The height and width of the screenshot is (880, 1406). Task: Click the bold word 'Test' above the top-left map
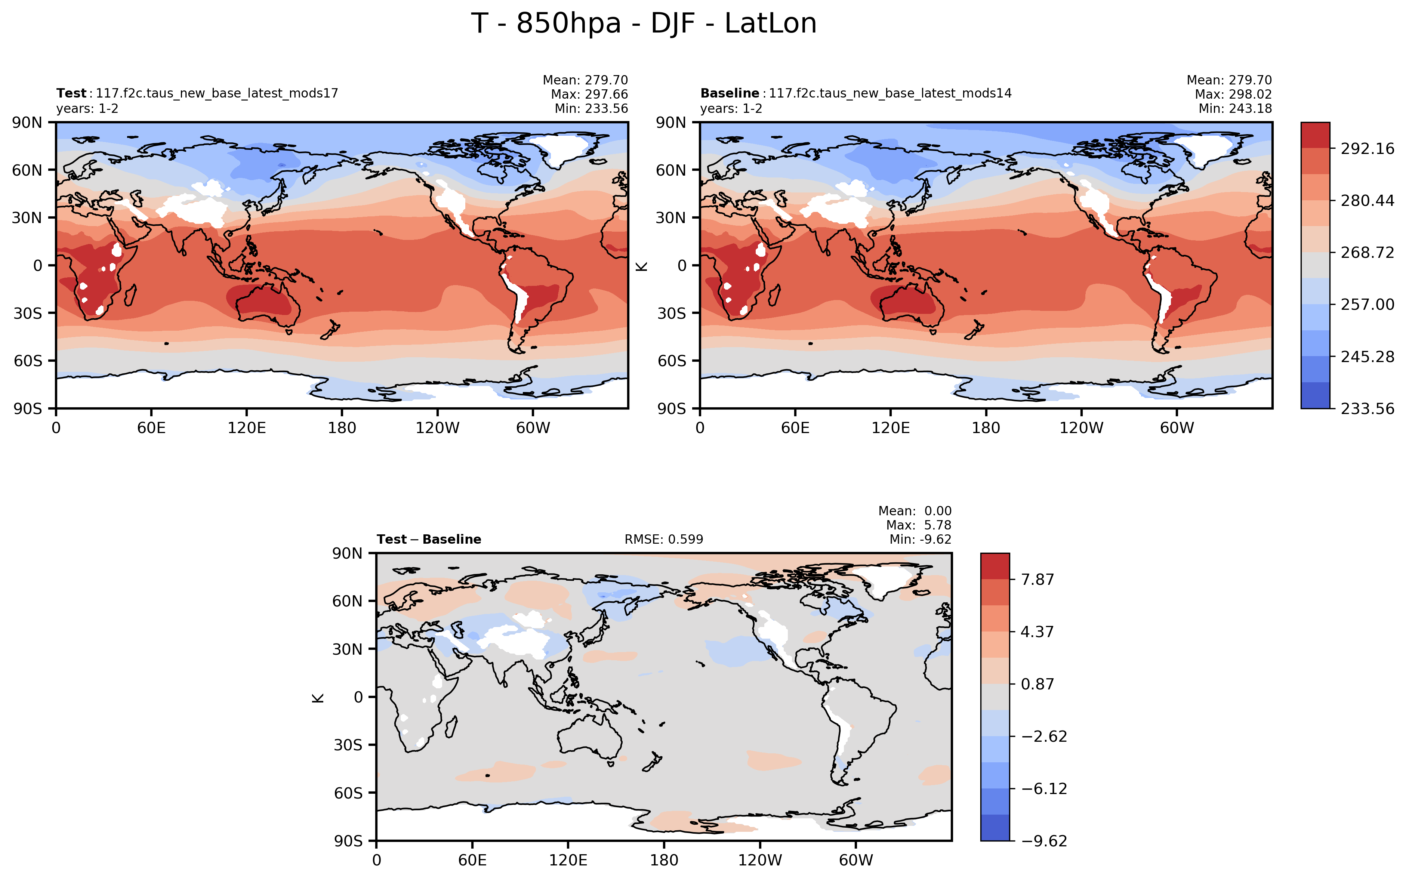pos(71,93)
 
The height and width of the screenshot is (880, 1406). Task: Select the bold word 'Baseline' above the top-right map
pos(729,93)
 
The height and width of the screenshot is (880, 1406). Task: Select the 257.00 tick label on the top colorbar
pos(1367,305)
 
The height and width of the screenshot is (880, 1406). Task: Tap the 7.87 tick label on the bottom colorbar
pos(1037,580)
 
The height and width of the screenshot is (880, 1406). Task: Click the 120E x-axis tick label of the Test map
pos(246,428)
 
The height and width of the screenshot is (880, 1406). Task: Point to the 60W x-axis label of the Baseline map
pos(1176,428)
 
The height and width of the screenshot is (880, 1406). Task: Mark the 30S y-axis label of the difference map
pos(348,745)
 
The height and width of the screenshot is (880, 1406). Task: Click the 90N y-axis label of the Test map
pos(27,123)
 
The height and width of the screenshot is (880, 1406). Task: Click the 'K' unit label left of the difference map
pos(318,697)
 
